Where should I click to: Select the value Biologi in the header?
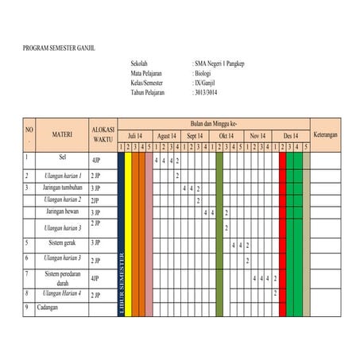click(203, 72)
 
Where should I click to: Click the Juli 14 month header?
click(135, 136)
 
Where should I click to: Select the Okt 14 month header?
click(226, 136)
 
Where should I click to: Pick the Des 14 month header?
click(290, 136)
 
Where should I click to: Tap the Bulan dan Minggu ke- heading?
click(214, 124)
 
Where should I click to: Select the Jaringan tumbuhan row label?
click(64, 188)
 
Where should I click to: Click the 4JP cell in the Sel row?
click(95, 161)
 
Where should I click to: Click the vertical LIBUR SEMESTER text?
click(122, 282)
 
